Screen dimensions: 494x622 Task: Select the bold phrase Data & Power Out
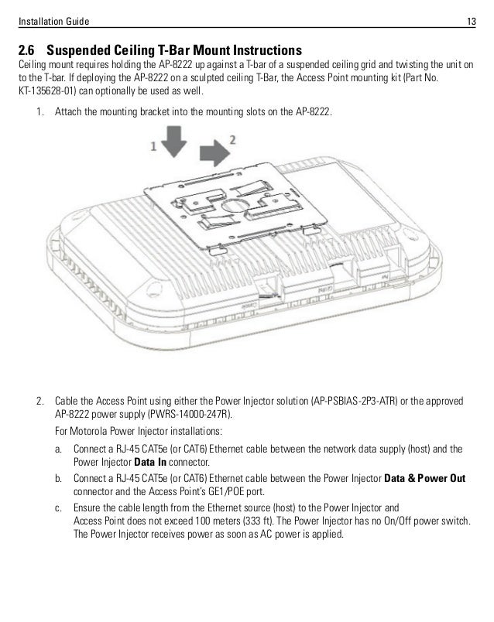point(425,478)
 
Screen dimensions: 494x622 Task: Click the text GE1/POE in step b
point(205,491)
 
